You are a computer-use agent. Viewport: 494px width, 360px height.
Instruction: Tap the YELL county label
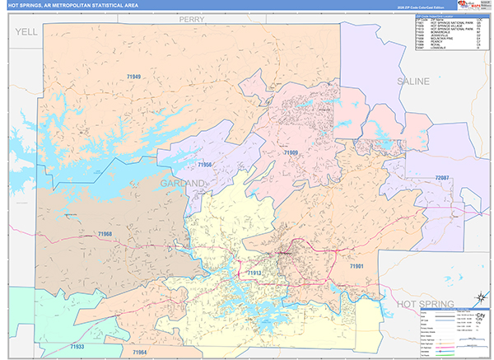point(26,30)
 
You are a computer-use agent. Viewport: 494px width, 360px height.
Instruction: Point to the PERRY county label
point(193,16)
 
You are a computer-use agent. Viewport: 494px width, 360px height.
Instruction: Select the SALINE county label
point(414,82)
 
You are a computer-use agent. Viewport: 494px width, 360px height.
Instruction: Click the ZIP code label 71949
point(134,77)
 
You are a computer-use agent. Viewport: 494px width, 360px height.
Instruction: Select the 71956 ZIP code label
point(205,165)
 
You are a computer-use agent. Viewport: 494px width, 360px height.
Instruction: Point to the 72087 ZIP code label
point(443,178)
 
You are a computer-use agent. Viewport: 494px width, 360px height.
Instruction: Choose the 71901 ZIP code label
point(357,266)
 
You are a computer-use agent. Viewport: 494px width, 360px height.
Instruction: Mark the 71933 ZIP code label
point(77,347)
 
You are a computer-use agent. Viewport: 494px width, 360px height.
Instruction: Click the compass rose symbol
point(478,298)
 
